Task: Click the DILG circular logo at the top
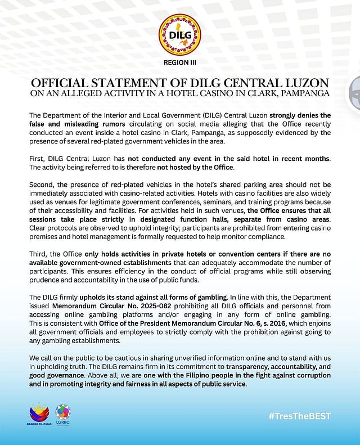pos(179,32)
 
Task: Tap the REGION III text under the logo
pos(179,62)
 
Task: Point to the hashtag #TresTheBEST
pos(299,417)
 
